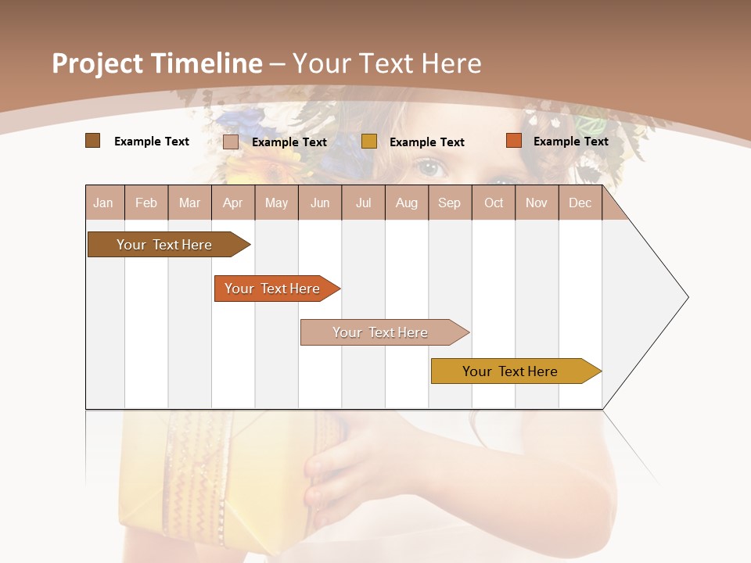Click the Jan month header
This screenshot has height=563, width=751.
tap(103, 203)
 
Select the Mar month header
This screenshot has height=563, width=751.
tap(189, 203)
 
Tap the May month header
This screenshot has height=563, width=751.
tap(276, 203)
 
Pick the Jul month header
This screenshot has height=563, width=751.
tap(363, 203)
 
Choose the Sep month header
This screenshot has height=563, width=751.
tap(449, 203)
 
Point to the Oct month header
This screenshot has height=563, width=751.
tap(494, 203)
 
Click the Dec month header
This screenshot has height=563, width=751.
tap(580, 203)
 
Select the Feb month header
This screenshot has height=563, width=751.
tap(146, 203)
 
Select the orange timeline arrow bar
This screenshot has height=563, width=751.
tap(274, 289)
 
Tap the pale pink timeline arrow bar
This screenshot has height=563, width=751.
tap(382, 332)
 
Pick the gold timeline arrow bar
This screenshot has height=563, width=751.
tap(512, 371)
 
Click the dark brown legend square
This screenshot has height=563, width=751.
tap(92, 141)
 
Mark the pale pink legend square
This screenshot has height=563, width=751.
tap(231, 142)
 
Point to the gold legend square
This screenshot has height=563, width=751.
tap(369, 142)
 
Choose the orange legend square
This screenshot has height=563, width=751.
tap(513, 141)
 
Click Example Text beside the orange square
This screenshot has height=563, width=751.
tap(570, 142)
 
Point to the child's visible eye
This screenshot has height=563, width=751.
tap(429, 167)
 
